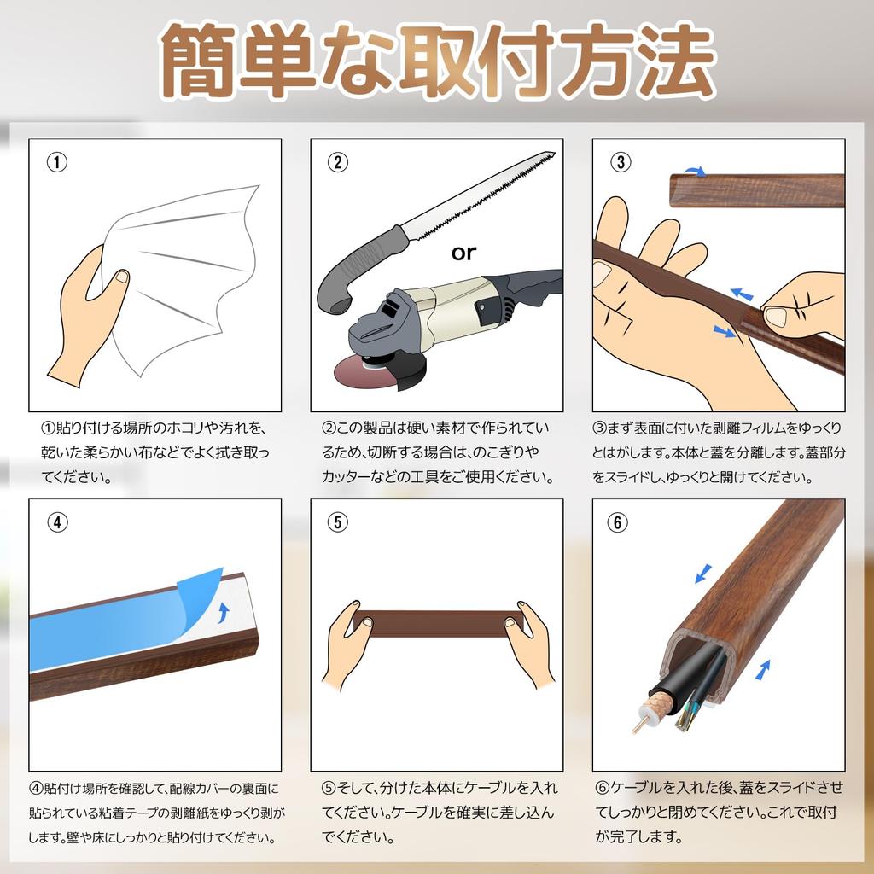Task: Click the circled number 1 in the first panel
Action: tap(57, 162)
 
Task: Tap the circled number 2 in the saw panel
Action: tap(338, 162)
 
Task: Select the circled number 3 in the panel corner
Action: tap(621, 162)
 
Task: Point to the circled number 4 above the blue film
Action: tap(57, 522)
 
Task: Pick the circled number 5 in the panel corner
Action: tap(338, 522)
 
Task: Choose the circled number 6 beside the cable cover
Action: tap(617, 522)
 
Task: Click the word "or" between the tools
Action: tap(463, 253)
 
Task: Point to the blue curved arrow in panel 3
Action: tap(695, 171)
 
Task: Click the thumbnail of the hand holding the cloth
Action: tap(121, 277)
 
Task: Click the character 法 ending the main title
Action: tap(676, 61)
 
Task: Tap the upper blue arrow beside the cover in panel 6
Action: tap(703, 574)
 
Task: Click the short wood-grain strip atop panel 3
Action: tap(756, 190)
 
